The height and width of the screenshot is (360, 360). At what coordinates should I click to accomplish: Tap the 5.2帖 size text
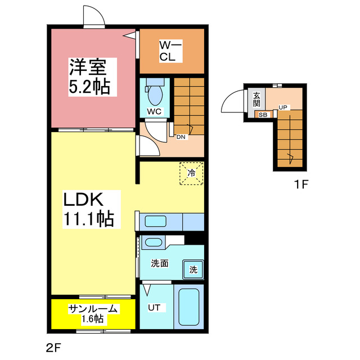[x=89, y=87]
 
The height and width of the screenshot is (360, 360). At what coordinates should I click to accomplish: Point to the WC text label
[x=154, y=111]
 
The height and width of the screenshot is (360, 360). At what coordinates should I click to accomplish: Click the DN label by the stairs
[x=181, y=136]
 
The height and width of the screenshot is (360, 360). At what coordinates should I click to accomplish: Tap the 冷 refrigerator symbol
[x=191, y=173]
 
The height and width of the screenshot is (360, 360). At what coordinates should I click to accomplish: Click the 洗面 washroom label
[x=159, y=263]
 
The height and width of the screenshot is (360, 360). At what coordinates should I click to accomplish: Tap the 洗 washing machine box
[x=193, y=269]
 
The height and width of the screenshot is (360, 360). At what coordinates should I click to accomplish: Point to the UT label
[x=155, y=308]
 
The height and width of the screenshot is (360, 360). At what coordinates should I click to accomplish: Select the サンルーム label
[x=93, y=308]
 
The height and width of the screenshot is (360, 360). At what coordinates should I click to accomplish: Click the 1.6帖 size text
[x=93, y=318]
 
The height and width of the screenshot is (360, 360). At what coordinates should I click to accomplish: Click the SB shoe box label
[x=263, y=115]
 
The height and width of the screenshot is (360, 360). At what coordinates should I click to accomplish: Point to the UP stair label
[x=283, y=107]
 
